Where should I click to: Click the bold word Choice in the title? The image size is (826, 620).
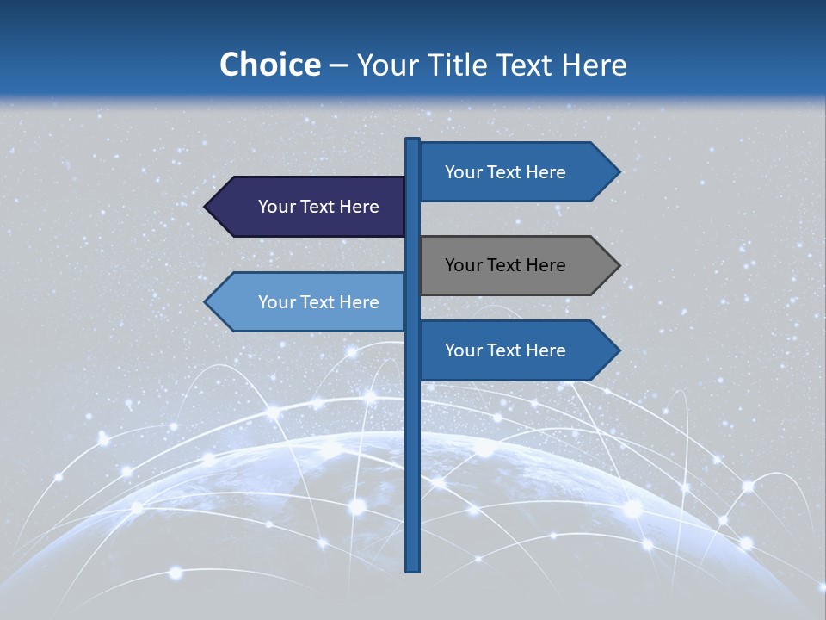click(x=269, y=65)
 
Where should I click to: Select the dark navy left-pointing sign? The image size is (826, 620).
click(x=310, y=207)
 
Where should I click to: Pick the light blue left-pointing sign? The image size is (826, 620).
click(x=310, y=302)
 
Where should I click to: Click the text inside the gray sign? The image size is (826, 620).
click(x=505, y=265)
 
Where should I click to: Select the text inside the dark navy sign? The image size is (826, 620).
click(x=318, y=207)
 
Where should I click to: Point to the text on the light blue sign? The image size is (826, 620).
click(x=318, y=302)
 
